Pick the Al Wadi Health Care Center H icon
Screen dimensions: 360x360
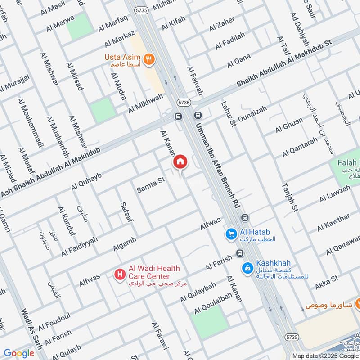tap(120, 273)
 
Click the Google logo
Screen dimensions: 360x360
tap(18, 353)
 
